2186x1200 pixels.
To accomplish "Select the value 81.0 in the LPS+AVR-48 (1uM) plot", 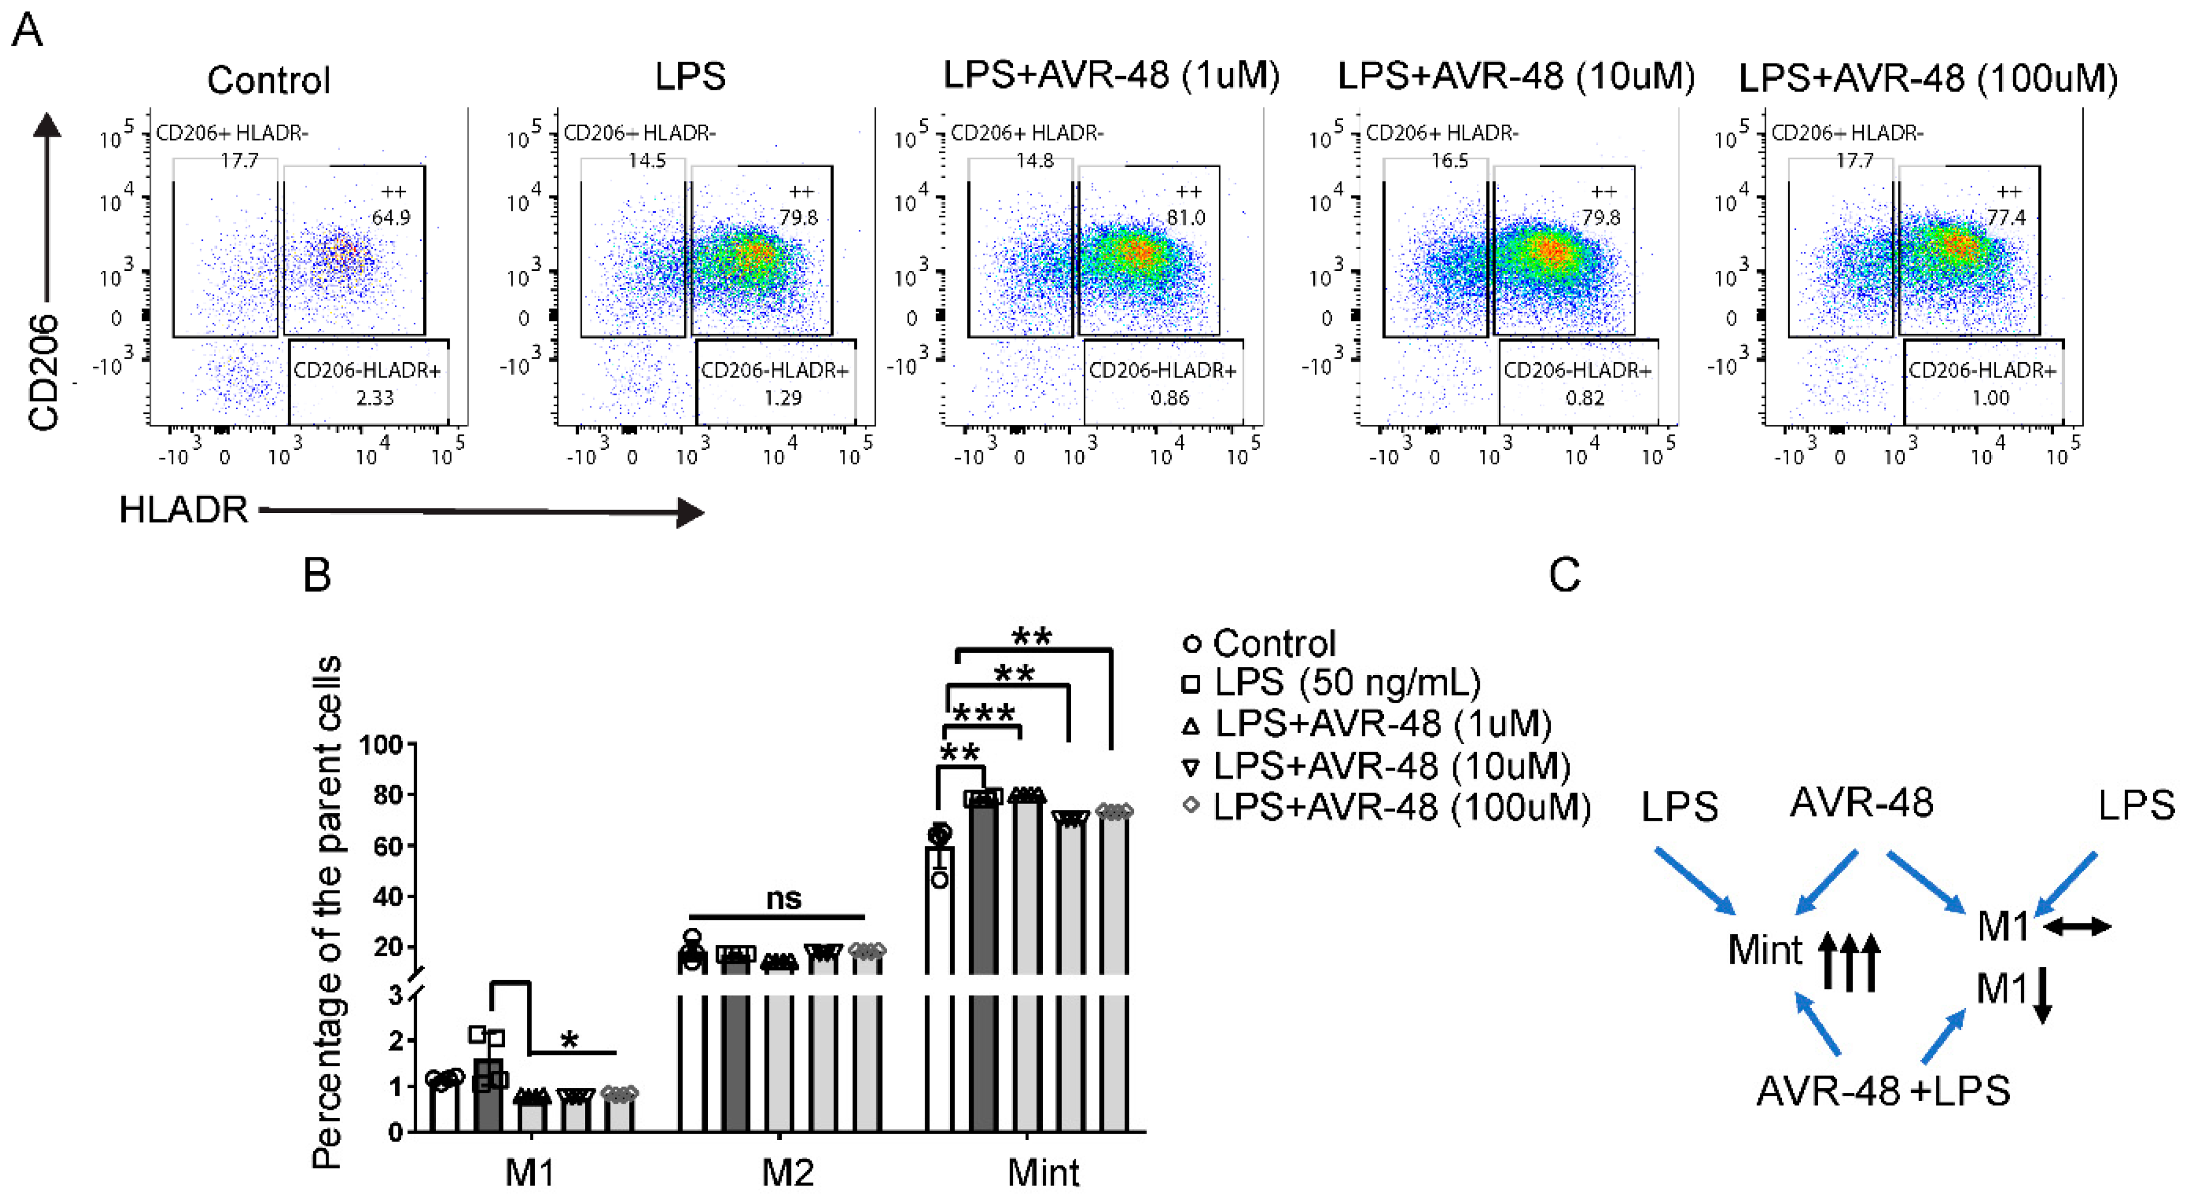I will [1185, 217].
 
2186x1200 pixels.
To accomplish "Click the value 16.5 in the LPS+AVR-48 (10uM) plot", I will [1449, 160].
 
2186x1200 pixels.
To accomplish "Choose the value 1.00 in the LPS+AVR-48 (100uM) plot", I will [1990, 397].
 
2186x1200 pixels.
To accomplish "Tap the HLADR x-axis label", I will [183, 510].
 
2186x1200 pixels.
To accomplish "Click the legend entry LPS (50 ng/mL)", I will [1346, 682].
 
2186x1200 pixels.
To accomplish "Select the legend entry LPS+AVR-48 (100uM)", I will [1400, 806].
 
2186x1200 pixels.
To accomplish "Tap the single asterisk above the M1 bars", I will [570, 1040].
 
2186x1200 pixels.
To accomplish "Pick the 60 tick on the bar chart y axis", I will [388, 846].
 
